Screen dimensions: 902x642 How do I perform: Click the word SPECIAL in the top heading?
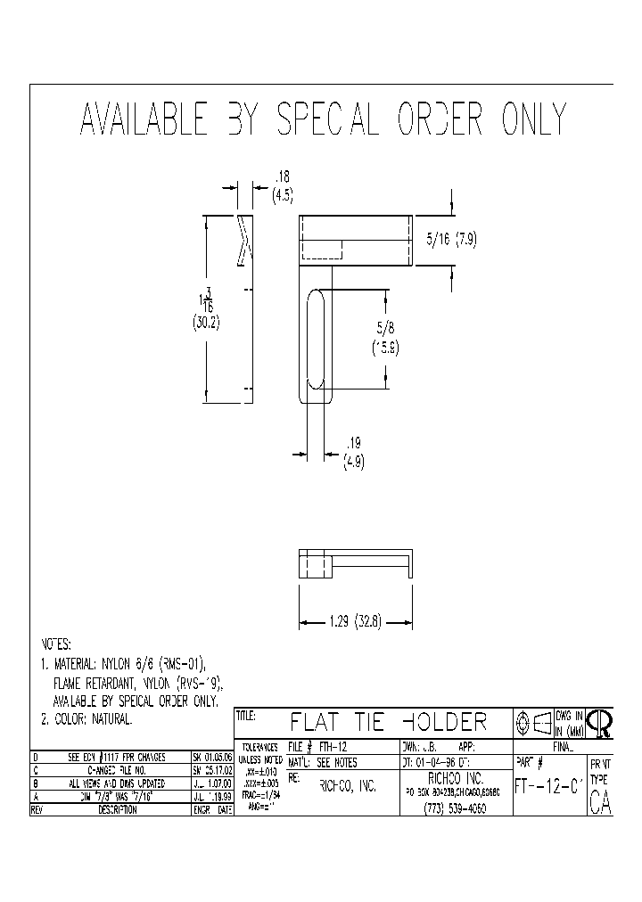pos(327,119)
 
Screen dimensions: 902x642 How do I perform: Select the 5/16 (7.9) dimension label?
pos(453,239)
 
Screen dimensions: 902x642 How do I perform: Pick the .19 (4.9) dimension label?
pos(354,451)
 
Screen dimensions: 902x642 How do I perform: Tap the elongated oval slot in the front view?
pos(316,339)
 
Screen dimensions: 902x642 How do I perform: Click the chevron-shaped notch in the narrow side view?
pos(243,240)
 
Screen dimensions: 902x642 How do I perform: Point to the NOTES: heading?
pos(57,644)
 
